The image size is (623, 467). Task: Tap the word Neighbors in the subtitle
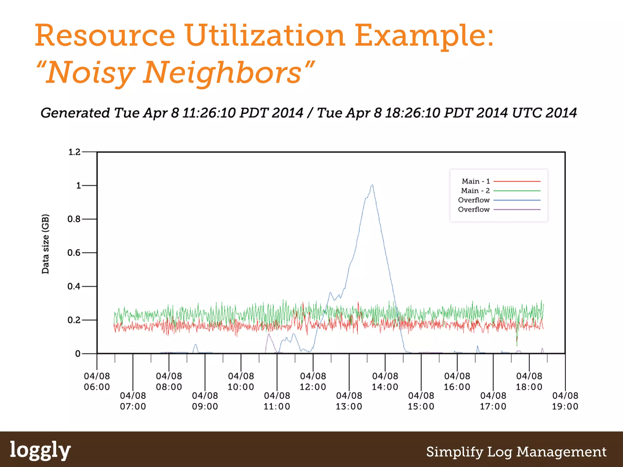[x=222, y=73]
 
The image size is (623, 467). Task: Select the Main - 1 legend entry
[x=476, y=181]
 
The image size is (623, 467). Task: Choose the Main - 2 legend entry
[x=475, y=191]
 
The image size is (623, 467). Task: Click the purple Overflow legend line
[x=517, y=209]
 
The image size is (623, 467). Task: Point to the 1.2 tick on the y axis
[x=74, y=152]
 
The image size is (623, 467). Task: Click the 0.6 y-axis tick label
[x=74, y=253]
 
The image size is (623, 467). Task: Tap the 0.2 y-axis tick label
[x=74, y=320]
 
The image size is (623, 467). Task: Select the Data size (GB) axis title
[x=45, y=244]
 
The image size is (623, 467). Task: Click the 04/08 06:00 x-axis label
[x=97, y=381]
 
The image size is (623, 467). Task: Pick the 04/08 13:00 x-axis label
[x=349, y=401]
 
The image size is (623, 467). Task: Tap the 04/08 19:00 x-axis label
[x=565, y=401]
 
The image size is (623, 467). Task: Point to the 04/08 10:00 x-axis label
[x=241, y=381]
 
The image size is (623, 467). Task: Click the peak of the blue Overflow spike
[x=372, y=185]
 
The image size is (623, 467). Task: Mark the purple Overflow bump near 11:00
[x=269, y=335]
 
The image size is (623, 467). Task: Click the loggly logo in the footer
[x=40, y=450]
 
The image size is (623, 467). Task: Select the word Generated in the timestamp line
[x=75, y=113]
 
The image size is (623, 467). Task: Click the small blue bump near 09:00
[x=195, y=345]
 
